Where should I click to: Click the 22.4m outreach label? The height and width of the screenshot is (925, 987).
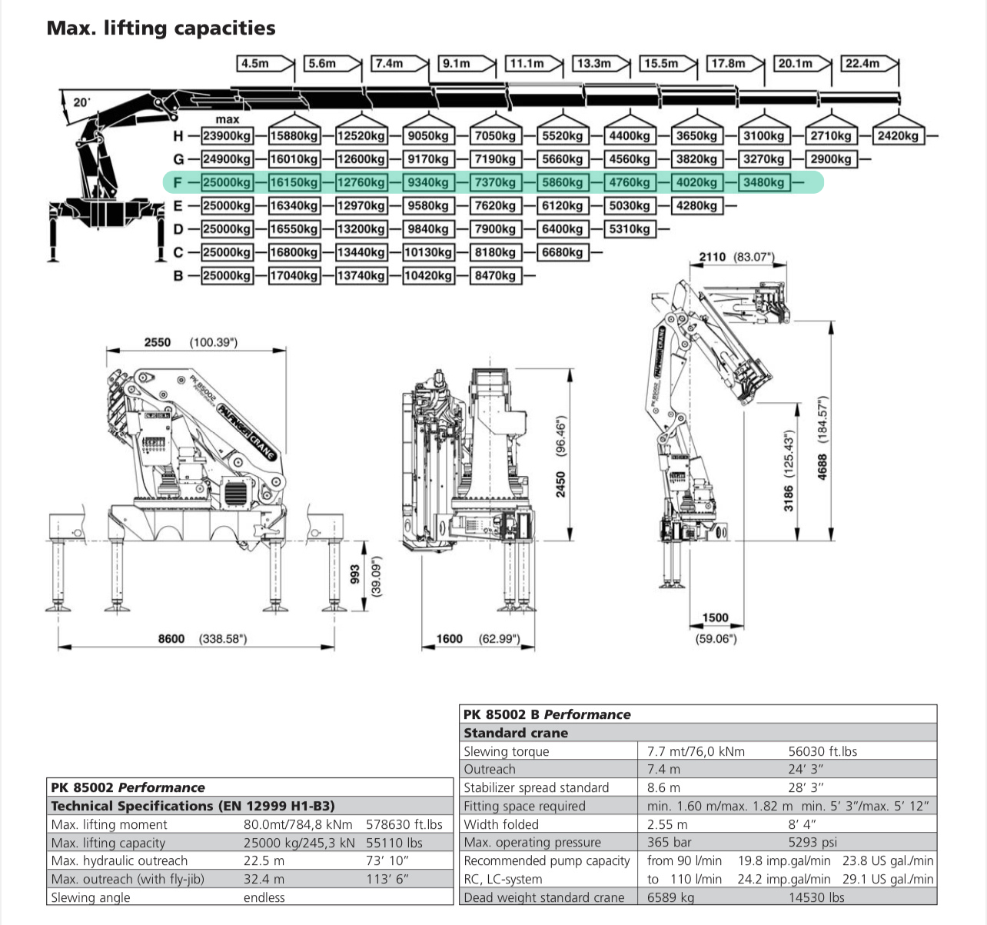tap(862, 63)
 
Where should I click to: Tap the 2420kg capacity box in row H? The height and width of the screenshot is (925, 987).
tap(898, 136)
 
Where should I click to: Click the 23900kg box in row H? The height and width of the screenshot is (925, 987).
tap(226, 136)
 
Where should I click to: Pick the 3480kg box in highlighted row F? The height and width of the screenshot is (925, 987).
tap(763, 182)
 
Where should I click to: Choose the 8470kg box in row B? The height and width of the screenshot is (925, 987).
tap(495, 275)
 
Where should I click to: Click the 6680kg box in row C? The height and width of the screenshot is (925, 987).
tap(562, 252)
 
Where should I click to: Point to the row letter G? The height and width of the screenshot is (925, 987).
tap(178, 159)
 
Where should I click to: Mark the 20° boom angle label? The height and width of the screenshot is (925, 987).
tap(81, 102)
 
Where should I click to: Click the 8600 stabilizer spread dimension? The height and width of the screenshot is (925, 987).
tap(171, 639)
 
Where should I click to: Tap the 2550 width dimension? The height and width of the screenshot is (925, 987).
tap(158, 342)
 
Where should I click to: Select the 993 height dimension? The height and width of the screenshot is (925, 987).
tap(355, 574)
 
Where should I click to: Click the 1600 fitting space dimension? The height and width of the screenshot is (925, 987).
tap(450, 638)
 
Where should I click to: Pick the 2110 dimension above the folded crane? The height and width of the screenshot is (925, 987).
tap(712, 256)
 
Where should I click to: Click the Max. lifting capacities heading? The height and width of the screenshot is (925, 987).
tap(161, 28)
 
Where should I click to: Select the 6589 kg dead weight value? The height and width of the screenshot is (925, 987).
tap(670, 897)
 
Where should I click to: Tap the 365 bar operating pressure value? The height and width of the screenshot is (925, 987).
tap(669, 842)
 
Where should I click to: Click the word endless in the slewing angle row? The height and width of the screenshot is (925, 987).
tap(264, 897)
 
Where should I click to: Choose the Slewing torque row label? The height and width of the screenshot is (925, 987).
tap(506, 751)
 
